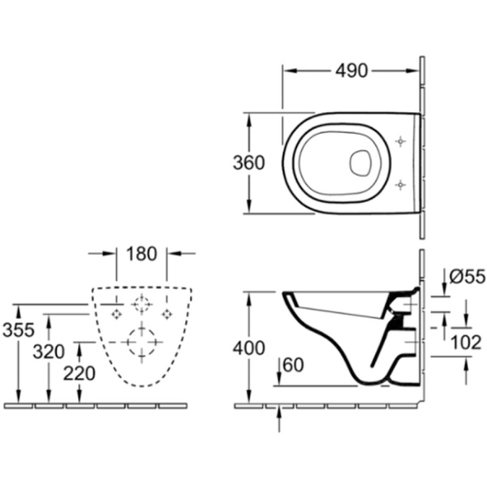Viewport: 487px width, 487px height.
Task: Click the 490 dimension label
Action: click(x=351, y=71)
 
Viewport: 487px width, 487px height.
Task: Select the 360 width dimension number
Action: click(x=249, y=162)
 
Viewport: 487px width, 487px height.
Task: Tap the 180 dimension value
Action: click(x=141, y=253)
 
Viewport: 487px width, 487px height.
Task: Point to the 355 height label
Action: click(x=19, y=330)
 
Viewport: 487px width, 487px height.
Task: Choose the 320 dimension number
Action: click(x=49, y=352)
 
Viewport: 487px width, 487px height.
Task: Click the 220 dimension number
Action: click(x=80, y=373)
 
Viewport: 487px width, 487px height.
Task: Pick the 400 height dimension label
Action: click(x=249, y=347)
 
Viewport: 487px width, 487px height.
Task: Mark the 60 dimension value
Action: click(x=293, y=365)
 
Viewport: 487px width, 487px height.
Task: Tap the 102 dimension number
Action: click(x=466, y=343)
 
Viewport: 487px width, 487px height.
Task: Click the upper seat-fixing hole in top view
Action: click(x=400, y=141)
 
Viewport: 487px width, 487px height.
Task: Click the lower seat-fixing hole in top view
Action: click(x=400, y=185)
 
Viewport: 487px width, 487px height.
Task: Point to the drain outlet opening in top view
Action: click(x=360, y=162)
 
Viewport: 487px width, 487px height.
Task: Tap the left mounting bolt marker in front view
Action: click(x=117, y=315)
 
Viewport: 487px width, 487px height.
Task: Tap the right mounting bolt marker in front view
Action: click(x=166, y=315)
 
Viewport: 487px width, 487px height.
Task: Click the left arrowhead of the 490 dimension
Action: click(x=290, y=71)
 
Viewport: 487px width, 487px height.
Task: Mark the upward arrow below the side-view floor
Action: click(x=279, y=419)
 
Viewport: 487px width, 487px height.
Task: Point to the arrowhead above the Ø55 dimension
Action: click(x=445, y=285)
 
